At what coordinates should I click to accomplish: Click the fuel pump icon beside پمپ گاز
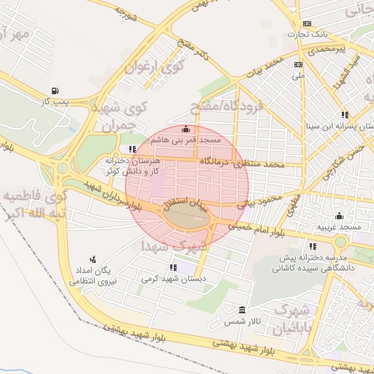coord(56,91)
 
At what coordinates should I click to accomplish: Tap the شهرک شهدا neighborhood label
coord(175,246)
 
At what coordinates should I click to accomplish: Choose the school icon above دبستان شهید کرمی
coord(173,267)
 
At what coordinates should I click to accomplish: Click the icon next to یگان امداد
coord(93,259)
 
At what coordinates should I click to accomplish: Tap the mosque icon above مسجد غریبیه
coord(339,216)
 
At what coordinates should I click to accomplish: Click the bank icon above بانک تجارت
coord(307,23)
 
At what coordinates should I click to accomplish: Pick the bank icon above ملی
coord(297,64)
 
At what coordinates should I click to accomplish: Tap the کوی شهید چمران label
coord(121,115)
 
